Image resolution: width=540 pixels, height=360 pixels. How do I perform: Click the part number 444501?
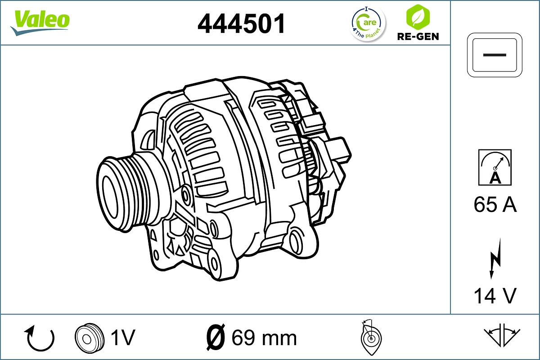coord(242,24)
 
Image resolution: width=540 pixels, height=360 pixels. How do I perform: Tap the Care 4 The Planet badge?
coord(368,23)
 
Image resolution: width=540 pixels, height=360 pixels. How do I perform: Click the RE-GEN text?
coord(418,36)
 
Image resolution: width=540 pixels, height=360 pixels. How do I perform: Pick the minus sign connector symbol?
coord(495,54)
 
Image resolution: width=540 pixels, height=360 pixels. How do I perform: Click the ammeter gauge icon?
coord(495,167)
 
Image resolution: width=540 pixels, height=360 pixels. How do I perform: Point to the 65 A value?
coord(495,205)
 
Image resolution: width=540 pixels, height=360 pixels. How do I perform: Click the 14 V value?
coord(495,296)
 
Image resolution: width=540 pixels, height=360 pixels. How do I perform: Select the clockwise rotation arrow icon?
coord(40,338)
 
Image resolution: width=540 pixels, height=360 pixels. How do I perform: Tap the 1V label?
coord(122,337)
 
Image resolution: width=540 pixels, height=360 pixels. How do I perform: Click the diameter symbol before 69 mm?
coord(215,337)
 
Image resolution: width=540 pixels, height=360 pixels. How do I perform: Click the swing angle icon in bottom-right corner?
coord(502,335)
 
